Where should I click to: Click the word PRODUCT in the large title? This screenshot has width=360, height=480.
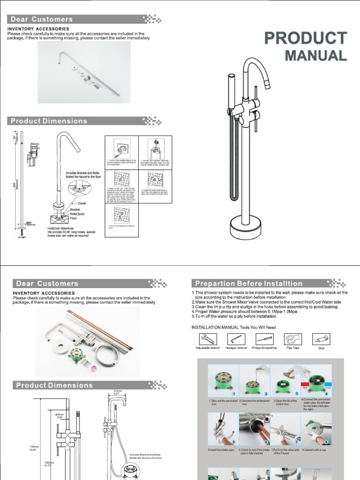click(x=306, y=38)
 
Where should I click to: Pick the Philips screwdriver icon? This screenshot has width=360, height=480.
click(x=264, y=338)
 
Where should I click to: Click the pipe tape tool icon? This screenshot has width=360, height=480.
click(x=293, y=338)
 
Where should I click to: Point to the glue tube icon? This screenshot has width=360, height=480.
click(x=321, y=338)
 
